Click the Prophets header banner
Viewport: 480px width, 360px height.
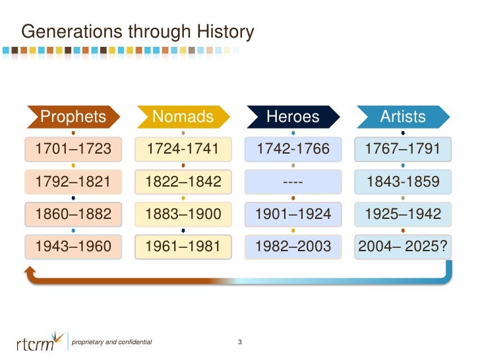click(73, 117)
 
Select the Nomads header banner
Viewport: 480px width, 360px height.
click(183, 117)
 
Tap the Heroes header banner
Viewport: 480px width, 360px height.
click(293, 117)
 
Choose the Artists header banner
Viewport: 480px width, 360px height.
click(403, 117)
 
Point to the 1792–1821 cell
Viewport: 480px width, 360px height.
click(73, 181)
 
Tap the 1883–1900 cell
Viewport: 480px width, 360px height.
click(183, 214)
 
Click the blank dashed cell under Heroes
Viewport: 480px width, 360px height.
click(293, 181)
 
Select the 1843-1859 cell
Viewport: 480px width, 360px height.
click(403, 181)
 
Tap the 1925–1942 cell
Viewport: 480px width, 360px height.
click(403, 214)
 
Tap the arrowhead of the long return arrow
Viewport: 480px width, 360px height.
click(29, 272)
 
